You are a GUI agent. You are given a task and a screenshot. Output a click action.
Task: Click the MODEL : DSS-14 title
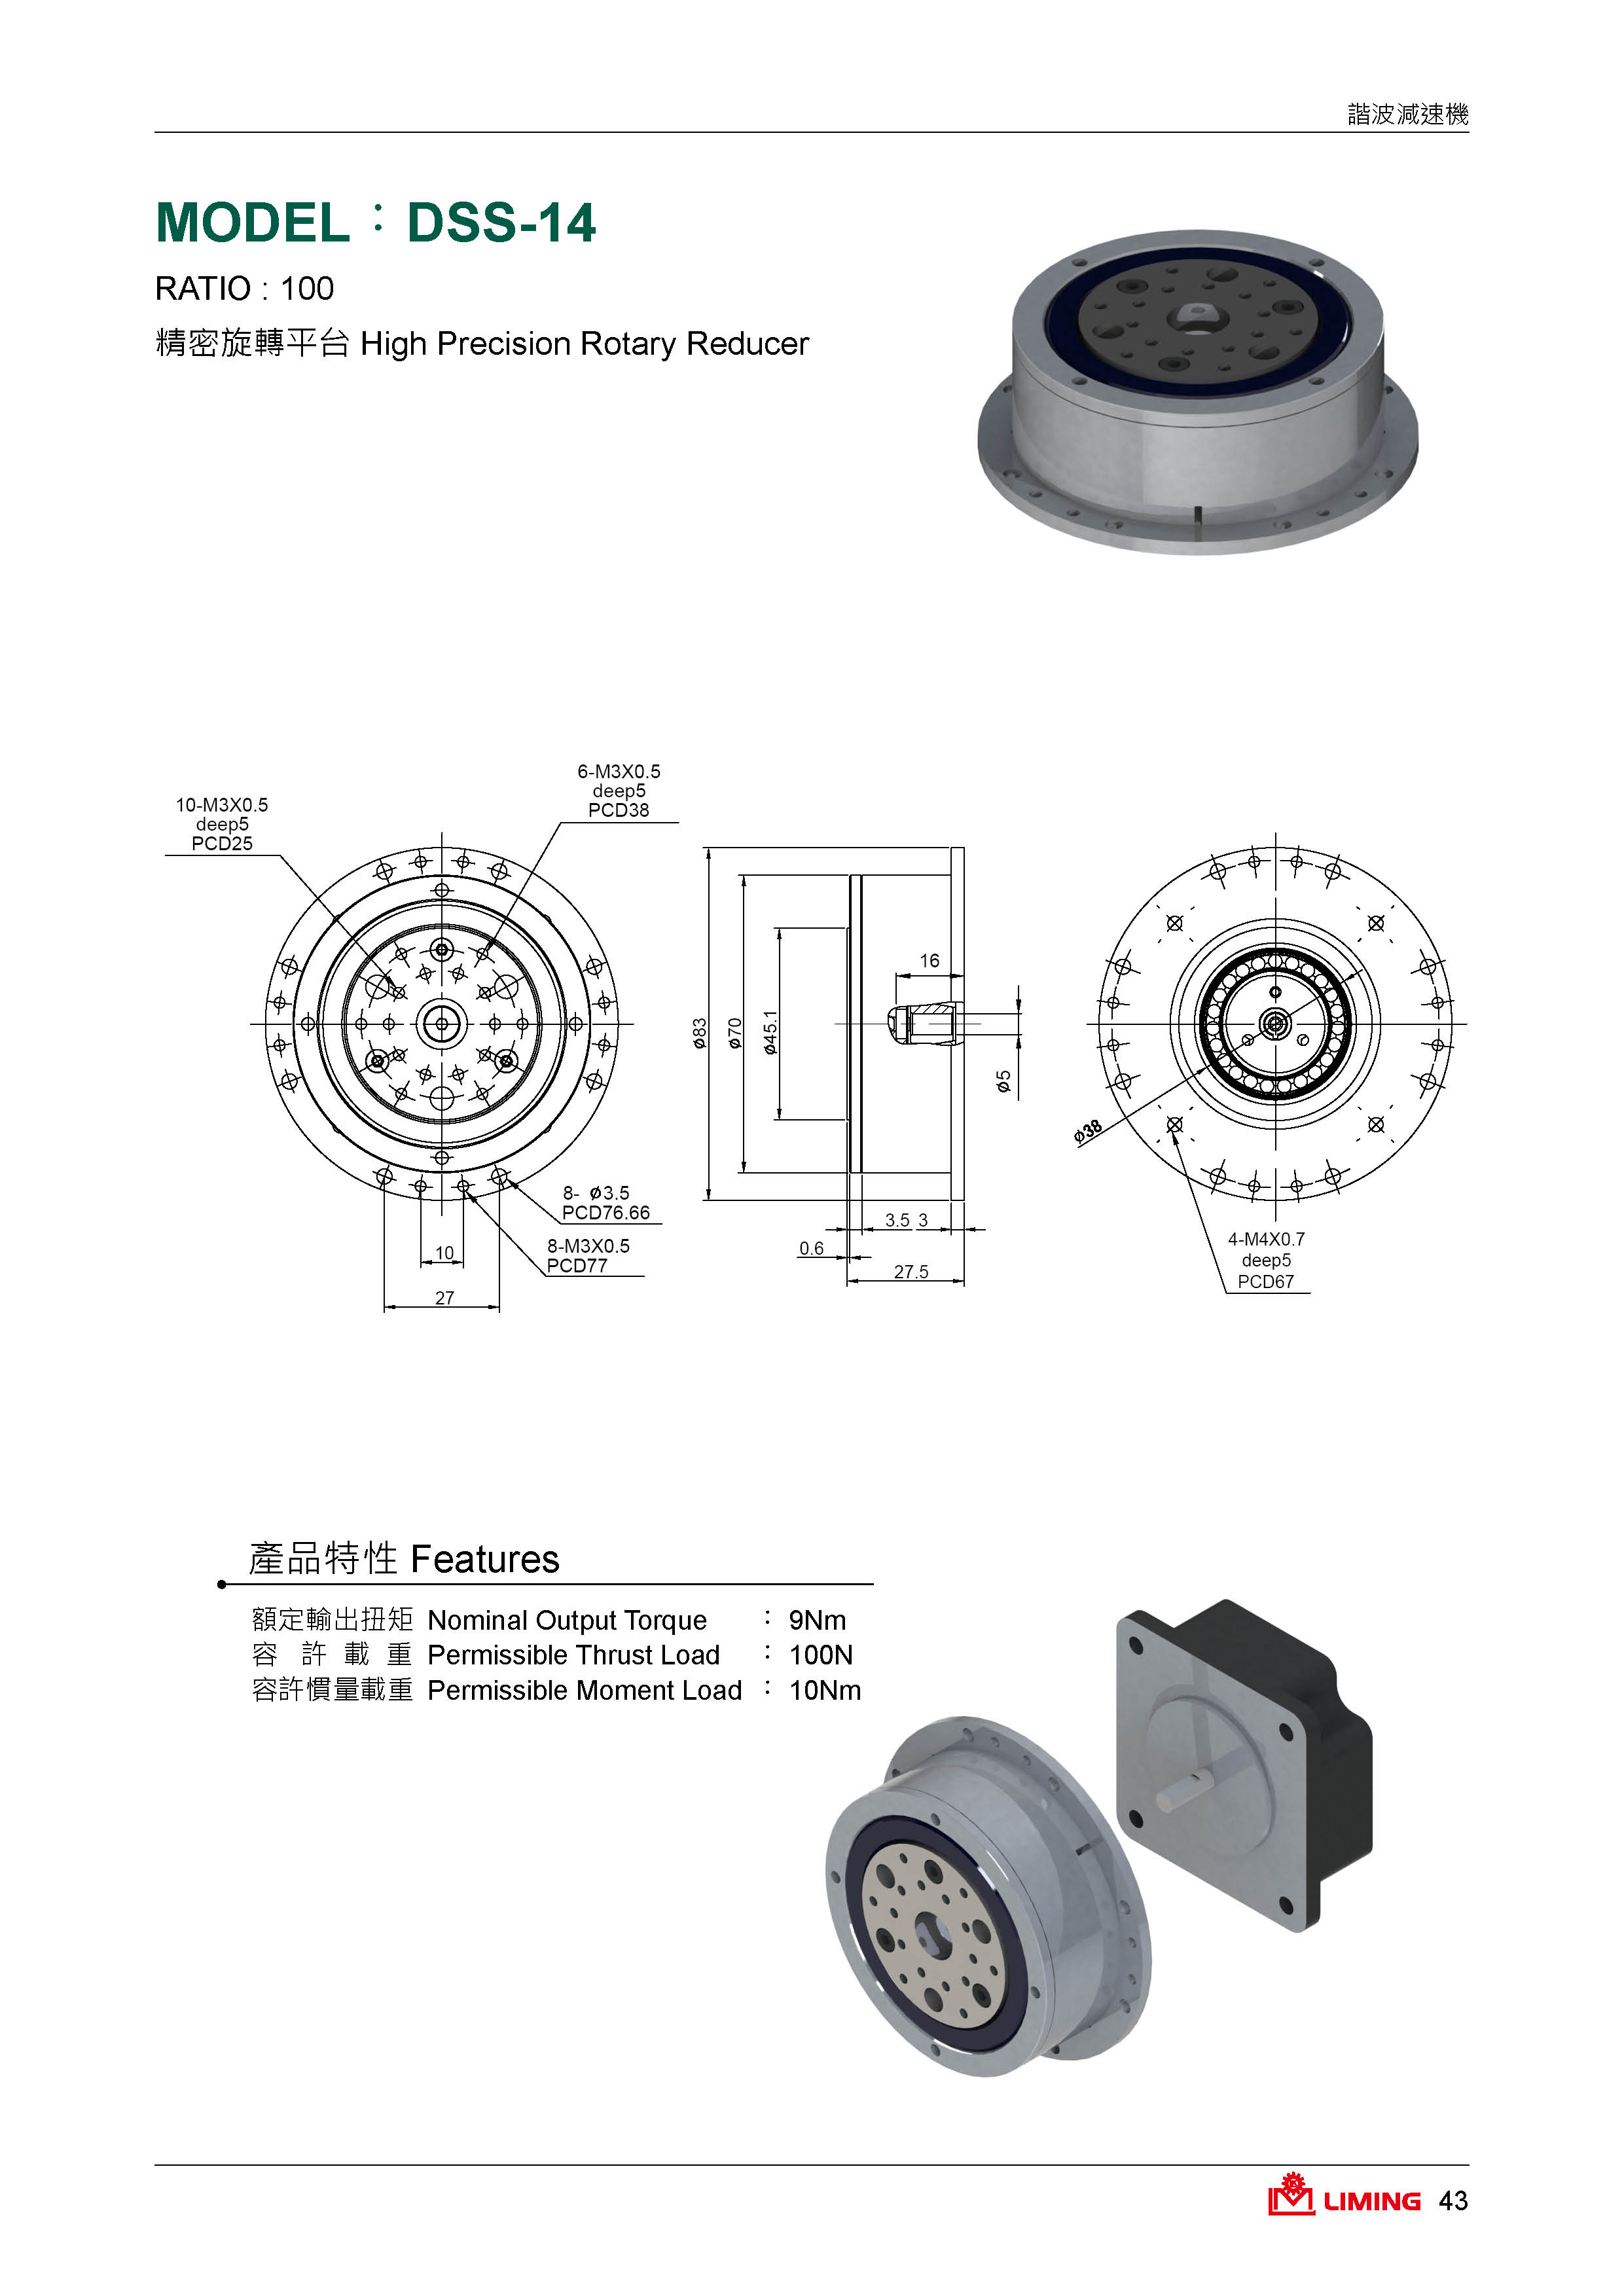click(376, 222)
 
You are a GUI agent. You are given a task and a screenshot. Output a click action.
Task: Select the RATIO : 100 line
click(244, 289)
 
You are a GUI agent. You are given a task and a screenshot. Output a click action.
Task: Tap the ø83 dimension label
click(700, 1033)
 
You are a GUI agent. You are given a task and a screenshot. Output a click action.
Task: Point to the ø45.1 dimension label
click(770, 1032)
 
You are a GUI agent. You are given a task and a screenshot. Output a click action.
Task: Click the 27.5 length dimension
click(911, 1271)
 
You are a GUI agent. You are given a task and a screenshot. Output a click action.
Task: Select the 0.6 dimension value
click(812, 1248)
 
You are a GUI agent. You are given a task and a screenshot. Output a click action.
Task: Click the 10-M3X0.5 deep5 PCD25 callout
click(222, 824)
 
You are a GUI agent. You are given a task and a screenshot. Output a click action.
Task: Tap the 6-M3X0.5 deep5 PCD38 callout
click(619, 791)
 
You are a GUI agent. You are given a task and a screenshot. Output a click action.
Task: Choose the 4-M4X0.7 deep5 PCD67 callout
click(1266, 1260)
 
